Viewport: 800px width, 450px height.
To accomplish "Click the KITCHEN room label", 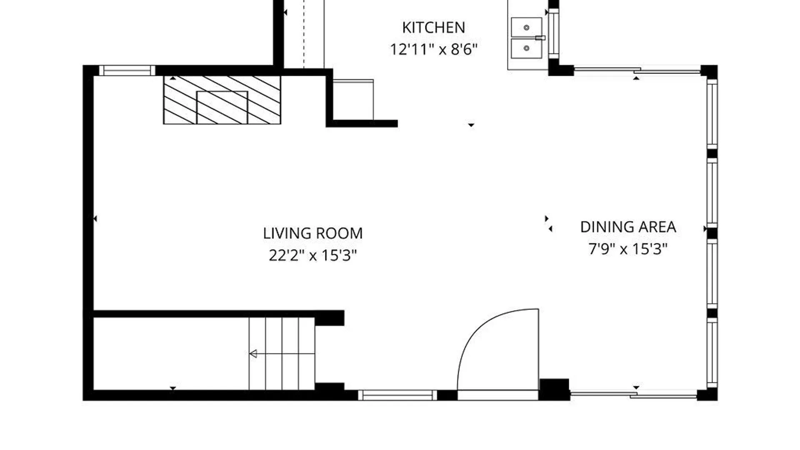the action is click(x=433, y=27).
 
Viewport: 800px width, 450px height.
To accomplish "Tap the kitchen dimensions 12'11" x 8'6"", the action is click(x=433, y=49).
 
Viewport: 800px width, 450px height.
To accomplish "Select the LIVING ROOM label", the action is click(x=313, y=233).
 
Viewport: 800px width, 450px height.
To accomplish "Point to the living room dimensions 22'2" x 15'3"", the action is click(x=313, y=255).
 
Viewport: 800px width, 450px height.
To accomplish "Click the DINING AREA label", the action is click(x=628, y=227).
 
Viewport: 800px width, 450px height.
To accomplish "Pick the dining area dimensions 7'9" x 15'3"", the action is click(x=628, y=249).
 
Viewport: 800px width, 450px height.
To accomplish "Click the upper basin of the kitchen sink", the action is click(x=527, y=27).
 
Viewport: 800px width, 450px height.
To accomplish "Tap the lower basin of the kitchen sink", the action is click(x=527, y=48).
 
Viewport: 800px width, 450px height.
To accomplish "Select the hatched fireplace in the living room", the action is click(x=222, y=100).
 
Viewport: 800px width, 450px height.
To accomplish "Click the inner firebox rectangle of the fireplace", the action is click(x=222, y=107).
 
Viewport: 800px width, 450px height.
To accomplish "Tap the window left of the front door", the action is click(x=397, y=395).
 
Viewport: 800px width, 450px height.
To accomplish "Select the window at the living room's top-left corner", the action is click(x=127, y=70).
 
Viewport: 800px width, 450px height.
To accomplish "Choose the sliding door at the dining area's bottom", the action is click(x=633, y=395).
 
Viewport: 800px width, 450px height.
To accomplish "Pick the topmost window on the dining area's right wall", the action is click(x=712, y=112).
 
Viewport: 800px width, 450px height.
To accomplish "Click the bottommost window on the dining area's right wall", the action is click(x=712, y=352).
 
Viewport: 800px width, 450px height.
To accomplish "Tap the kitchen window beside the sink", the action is click(x=553, y=34).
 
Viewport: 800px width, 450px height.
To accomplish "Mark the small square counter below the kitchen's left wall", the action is click(x=353, y=100).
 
